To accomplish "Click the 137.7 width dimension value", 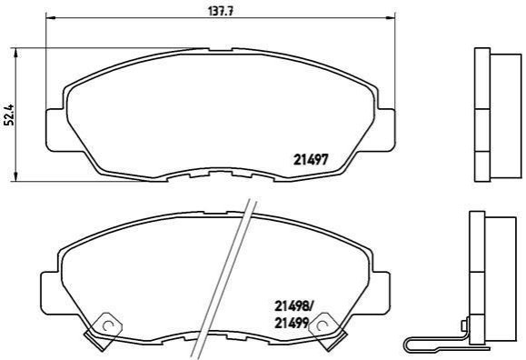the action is (x=221, y=11).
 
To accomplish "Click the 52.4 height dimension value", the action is (x=9, y=115).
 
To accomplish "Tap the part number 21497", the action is (x=311, y=159).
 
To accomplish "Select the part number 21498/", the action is (x=293, y=306).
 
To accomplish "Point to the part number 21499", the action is (x=292, y=323).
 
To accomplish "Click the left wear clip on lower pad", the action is (x=103, y=331).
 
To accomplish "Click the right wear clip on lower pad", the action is (x=327, y=331).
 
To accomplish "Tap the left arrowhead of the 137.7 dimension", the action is (x=50, y=17).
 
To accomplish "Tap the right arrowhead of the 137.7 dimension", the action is (x=391, y=17).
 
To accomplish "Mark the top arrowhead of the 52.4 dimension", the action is (x=15, y=53).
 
